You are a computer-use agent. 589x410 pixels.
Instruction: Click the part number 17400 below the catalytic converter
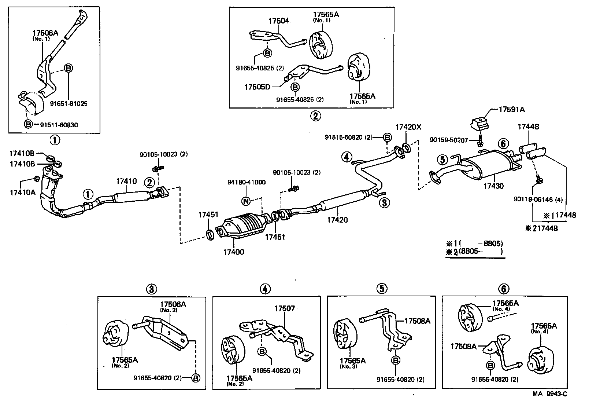234,252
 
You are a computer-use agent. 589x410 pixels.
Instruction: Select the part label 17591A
512,109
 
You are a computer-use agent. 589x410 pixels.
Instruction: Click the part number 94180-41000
247,182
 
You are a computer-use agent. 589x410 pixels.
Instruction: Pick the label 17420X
408,127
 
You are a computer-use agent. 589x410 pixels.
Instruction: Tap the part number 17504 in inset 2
279,21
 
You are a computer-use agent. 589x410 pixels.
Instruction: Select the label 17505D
258,87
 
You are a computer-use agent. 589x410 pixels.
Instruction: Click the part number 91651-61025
69,104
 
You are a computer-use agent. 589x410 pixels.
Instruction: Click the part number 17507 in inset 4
284,309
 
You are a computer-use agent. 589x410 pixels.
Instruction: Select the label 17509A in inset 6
464,346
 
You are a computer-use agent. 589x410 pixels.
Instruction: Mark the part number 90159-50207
449,140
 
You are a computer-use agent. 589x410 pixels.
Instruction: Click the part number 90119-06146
535,200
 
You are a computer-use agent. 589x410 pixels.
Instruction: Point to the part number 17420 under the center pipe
337,220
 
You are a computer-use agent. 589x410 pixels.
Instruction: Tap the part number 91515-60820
348,137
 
